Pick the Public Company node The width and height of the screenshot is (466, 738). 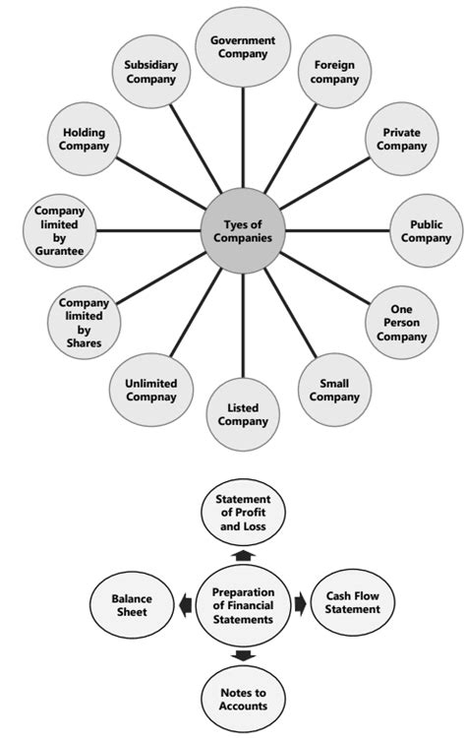pos(425,231)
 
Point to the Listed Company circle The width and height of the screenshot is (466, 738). pos(242,413)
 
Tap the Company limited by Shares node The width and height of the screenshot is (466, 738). pos(84,323)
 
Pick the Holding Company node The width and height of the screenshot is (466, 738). pos(84,140)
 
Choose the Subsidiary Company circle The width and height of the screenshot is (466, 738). pos(150,72)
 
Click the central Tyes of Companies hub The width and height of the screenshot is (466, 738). pos(242,231)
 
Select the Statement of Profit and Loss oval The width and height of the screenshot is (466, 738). pos(243,514)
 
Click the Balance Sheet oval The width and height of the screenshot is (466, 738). pos(131,604)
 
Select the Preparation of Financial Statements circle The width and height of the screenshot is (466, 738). pos(242,603)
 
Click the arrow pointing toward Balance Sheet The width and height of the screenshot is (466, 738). pos(186,604)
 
